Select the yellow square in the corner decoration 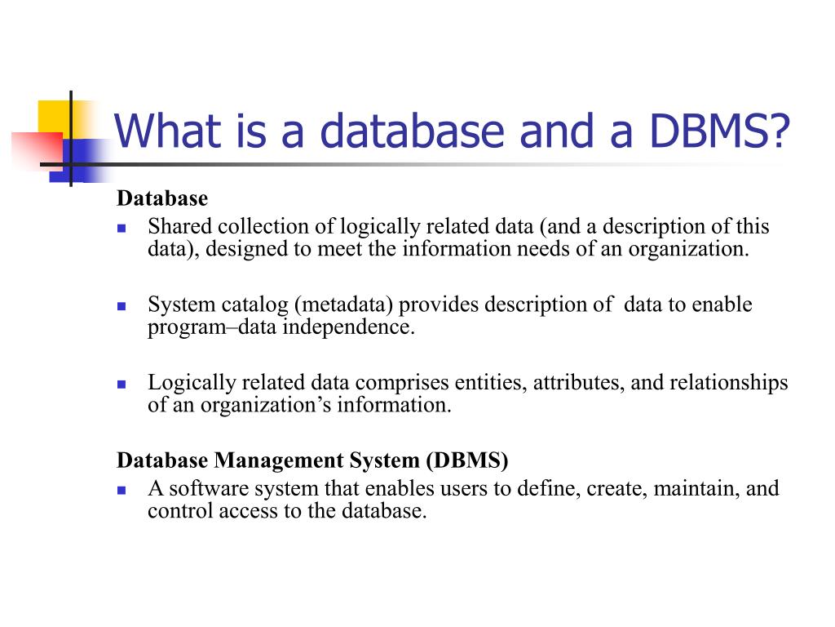[x=53, y=115]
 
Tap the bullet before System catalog [x=121, y=307]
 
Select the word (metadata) [x=344, y=305]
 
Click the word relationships [x=728, y=383]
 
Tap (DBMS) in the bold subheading [x=466, y=460]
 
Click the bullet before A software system [x=121, y=491]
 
